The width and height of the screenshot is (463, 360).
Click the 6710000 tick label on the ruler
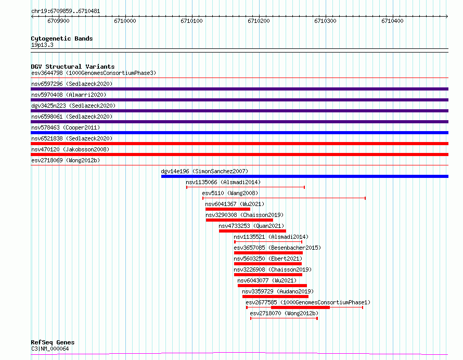tap(125, 21)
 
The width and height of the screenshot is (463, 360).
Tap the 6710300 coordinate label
tap(325, 21)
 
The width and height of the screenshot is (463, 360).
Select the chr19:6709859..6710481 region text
tap(66, 11)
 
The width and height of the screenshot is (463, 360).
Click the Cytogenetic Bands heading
tap(62, 38)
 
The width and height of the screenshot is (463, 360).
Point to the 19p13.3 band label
tap(42, 45)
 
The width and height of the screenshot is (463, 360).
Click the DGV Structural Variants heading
tap(73, 67)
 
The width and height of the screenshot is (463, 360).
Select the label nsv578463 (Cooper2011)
tap(66, 127)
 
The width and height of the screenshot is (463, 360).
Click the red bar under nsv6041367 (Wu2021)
tap(228, 209)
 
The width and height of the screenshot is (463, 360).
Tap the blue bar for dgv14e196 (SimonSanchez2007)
tap(305, 176)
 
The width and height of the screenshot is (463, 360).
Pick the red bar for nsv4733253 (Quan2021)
tap(252, 231)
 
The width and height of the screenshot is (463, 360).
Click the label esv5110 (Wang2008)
tap(230, 193)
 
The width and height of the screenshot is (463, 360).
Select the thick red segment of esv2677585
tap(300, 307)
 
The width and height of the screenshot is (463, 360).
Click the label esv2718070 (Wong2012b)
tap(284, 313)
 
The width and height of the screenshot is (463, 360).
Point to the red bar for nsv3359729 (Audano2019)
tap(275, 297)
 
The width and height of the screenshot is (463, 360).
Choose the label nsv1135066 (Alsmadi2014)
tap(223, 182)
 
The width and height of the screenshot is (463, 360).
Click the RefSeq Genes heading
tap(53, 342)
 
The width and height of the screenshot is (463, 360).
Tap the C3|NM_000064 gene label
tap(50, 349)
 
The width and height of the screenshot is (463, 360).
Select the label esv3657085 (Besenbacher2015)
tap(277, 248)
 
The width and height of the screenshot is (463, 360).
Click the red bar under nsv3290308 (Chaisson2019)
tap(239, 220)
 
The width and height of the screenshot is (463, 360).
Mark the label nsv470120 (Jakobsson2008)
tap(70, 149)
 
